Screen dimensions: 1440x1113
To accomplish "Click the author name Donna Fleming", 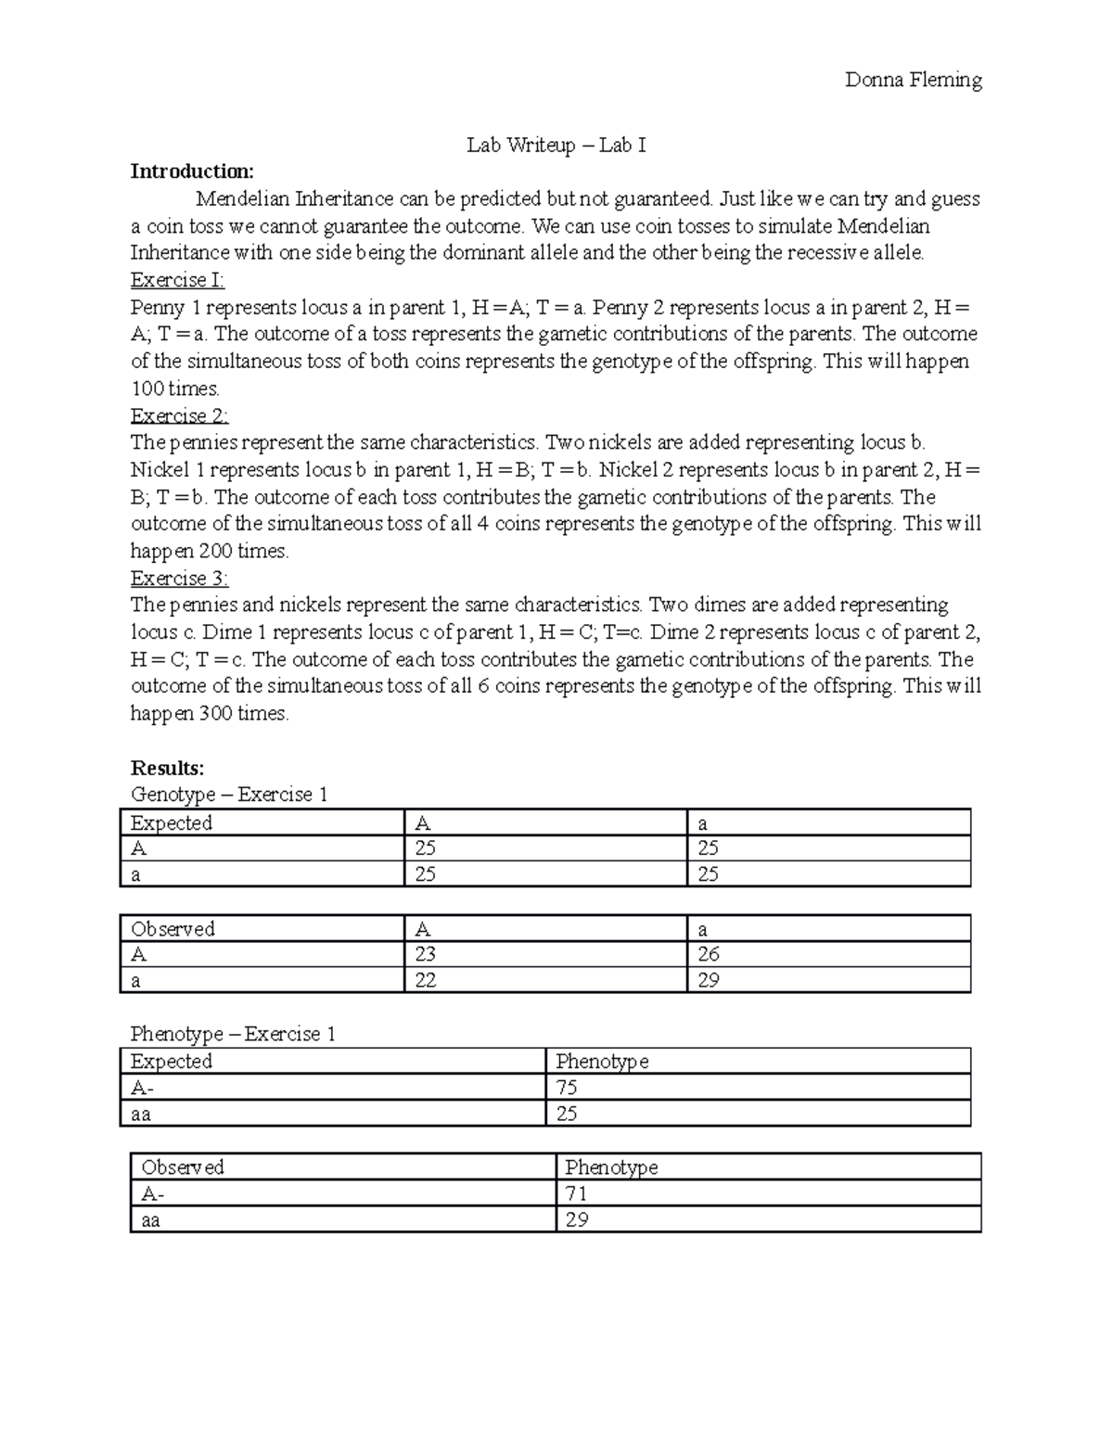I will (913, 80).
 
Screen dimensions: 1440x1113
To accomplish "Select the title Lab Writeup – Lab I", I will (556, 145).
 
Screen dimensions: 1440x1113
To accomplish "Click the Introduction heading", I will (191, 172).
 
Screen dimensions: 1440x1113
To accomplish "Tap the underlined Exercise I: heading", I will (177, 280).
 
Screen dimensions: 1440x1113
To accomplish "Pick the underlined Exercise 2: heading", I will (179, 415).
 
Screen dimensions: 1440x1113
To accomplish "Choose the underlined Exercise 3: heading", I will (179, 579).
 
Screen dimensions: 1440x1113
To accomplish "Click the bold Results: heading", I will (167, 768).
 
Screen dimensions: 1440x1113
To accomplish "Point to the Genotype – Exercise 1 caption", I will (228, 795).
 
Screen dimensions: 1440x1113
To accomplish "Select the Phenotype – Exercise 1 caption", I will (232, 1034).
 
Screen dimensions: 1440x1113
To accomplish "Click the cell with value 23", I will (426, 954).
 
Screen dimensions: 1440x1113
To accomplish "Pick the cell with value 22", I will (426, 980).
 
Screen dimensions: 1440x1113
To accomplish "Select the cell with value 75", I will (566, 1088).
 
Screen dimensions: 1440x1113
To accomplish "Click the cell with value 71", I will (576, 1193).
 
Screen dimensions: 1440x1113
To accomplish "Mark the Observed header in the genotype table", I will (173, 929).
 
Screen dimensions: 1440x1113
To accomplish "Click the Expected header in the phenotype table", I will (172, 1062).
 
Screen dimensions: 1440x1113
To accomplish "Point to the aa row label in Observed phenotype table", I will (151, 1220).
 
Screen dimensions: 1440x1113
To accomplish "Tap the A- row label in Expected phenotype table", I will (141, 1088).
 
